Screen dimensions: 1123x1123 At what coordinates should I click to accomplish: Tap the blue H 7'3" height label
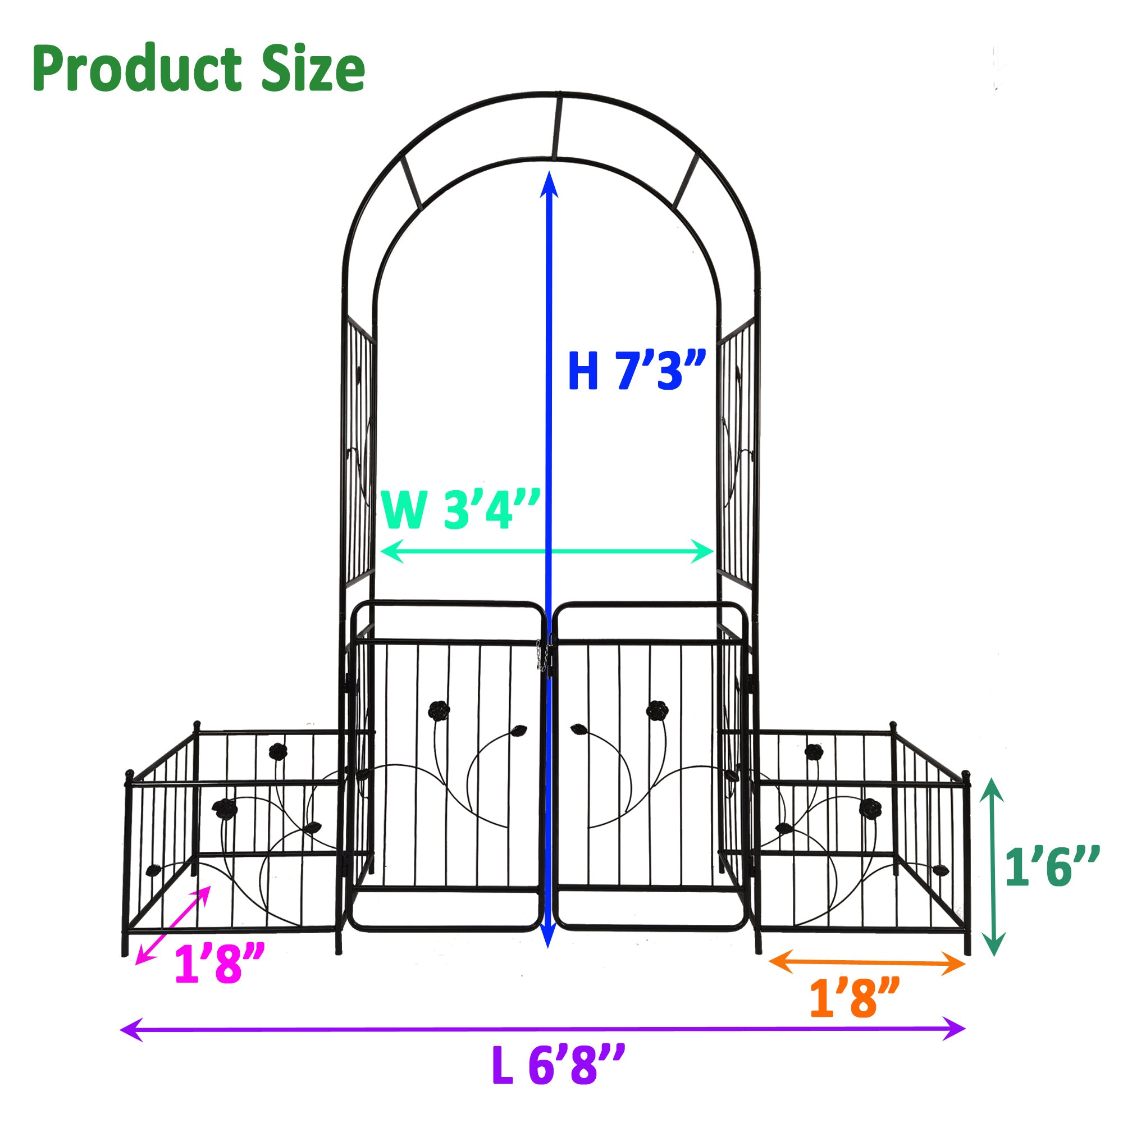click(x=637, y=371)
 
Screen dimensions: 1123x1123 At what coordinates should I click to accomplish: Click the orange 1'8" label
click(x=855, y=998)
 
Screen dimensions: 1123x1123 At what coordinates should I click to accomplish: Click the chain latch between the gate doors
click(x=545, y=657)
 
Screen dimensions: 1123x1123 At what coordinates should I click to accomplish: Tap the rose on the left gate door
click(x=439, y=710)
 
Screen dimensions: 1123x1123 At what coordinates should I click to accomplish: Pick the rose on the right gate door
click(x=657, y=709)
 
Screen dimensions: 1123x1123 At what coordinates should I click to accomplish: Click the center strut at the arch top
click(x=556, y=126)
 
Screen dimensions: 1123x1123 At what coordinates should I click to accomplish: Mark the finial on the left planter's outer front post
click(x=129, y=774)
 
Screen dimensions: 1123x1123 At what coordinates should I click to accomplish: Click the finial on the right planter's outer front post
click(x=967, y=776)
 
